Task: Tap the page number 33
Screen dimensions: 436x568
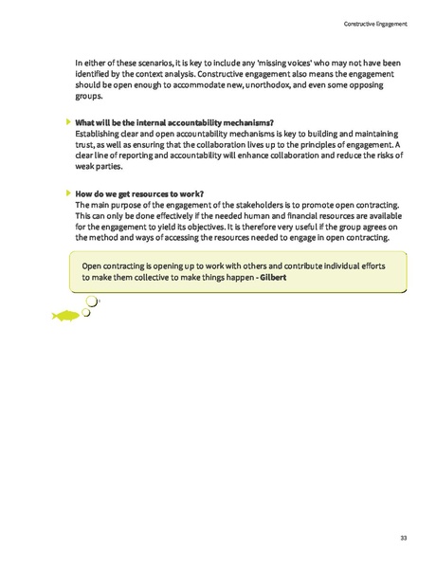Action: [x=403, y=538]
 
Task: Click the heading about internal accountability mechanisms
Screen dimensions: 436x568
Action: [x=174, y=122]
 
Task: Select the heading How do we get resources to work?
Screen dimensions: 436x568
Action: [x=139, y=192]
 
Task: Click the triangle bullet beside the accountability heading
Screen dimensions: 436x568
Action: [x=68, y=122]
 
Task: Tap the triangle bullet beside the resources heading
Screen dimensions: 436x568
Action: [x=68, y=192]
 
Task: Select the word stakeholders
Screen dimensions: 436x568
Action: [x=256, y=204]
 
